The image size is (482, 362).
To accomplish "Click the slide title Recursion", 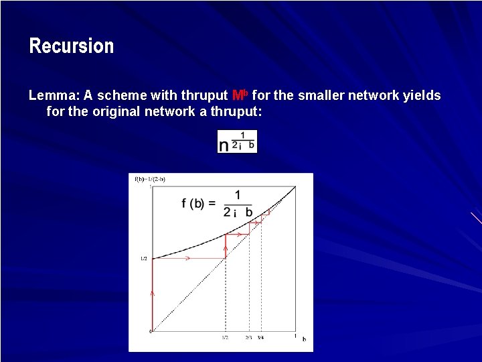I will click(71, 46).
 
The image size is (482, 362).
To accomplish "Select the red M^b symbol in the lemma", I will click(240, 95).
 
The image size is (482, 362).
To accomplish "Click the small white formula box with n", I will click(237, 141).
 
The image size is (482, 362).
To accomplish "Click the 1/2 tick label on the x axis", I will click(226, 338).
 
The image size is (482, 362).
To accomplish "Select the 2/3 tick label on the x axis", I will click(249, 338).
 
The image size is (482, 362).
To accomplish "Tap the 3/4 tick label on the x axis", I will click(261, 338).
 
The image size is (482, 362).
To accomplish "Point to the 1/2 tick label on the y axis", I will click(143, 258).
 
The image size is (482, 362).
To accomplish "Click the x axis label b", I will click(304, 339).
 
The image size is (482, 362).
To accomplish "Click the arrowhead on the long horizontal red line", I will click(188, 258).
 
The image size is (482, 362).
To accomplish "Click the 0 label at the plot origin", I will click(150, 332).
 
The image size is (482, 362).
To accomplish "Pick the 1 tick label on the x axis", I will click(295, 335).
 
